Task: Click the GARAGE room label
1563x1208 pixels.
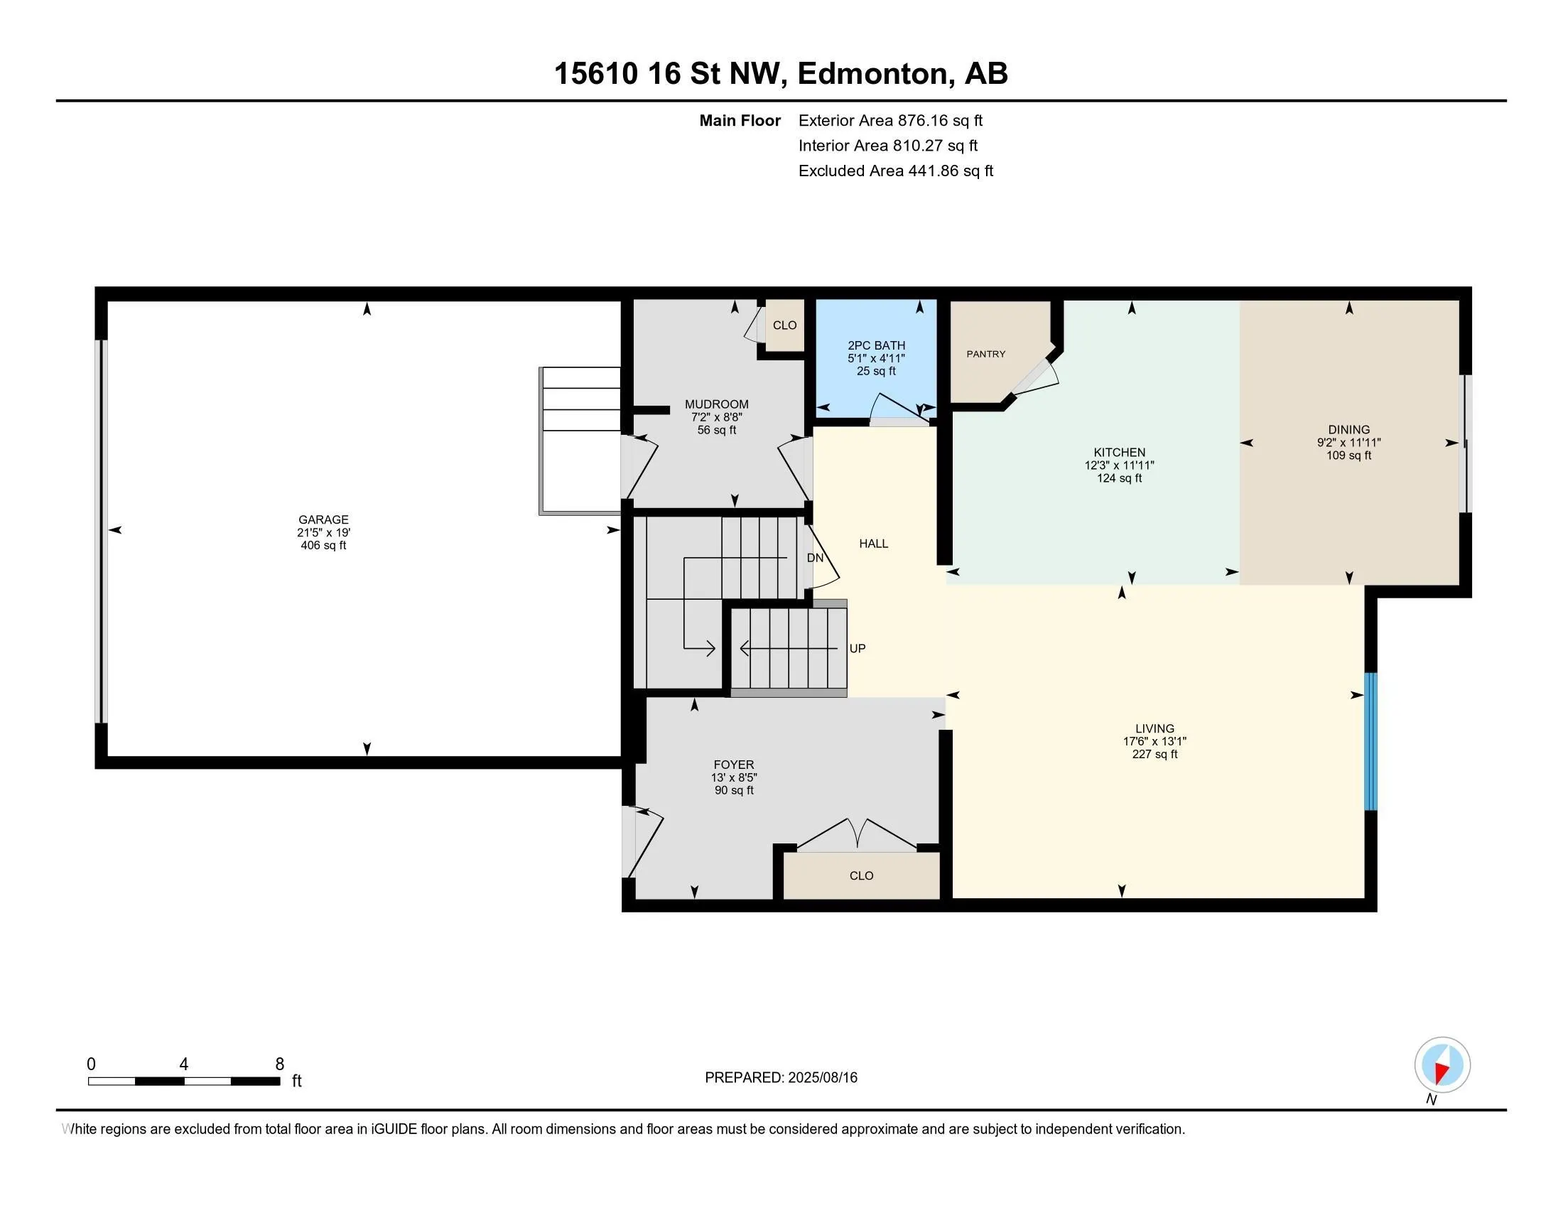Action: pyautogui.click(x=323, y=519)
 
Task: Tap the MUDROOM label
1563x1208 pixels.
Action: pyautogui.click(x=716, y=404)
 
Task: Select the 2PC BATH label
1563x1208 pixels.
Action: pyautogui.click(x=876, y=345)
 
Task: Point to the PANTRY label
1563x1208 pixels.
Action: pyautogui.click(x=985, y=355)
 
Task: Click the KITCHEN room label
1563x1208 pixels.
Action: pyautogui.click(x=1119, y=452)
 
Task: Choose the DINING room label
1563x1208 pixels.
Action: pyautogui.click(x=1349, y=430)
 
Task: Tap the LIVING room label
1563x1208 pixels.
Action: pyautogui.click(x=1154, y=729)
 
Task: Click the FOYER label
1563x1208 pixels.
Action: pyautogui.click(x=734, y=765)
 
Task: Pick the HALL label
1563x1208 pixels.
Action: pyautogui.click(x=873, y=544)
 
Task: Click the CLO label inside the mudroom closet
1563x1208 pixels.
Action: pyautogui.click(x=784, y=325)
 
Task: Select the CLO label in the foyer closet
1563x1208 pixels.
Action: pyautogui.click(x=862, y=876)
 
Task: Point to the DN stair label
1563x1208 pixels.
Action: pyautogui.click(x=815, y=559)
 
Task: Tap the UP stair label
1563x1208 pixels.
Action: pyautogui.click(x=858, y=649)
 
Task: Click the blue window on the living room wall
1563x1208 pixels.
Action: pyautogui.click(x=1370, y=741)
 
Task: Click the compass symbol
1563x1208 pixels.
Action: pyautogui.click(x=1442, y=1065)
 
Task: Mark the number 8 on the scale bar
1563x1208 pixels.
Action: pyautogui.click(x=280, y=1064)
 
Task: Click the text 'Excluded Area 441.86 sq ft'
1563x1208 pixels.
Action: pyautogui.click(x=896, y=171)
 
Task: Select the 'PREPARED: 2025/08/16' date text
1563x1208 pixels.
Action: pyautogui.click(x=781, y=1078)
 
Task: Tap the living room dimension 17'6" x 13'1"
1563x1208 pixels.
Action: pyautogui.click(x=1154, y=742)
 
